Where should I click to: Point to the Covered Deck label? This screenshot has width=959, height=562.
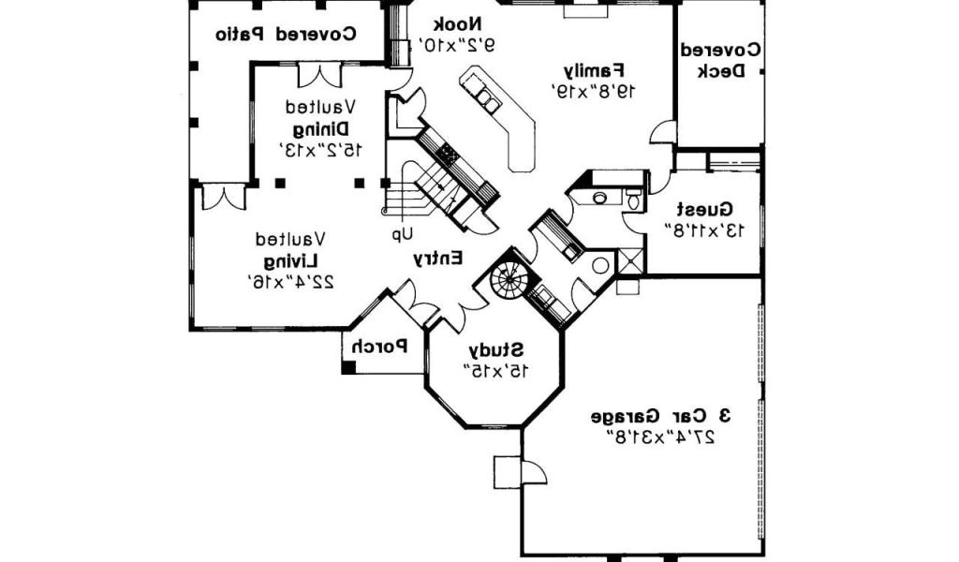pos(719,60)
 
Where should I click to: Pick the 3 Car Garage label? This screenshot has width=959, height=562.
pos(661,415)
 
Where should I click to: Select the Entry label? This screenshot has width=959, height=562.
pos(438,259)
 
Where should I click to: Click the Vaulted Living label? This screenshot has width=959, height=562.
pos(291,259)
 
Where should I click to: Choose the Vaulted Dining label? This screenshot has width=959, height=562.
pos(321,126)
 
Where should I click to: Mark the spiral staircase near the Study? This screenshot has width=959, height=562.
pos(511,278)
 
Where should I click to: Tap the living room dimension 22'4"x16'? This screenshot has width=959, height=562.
pos(291,280)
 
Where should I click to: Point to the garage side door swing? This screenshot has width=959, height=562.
pos(533,472)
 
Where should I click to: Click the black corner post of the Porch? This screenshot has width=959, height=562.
pos(348,367)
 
